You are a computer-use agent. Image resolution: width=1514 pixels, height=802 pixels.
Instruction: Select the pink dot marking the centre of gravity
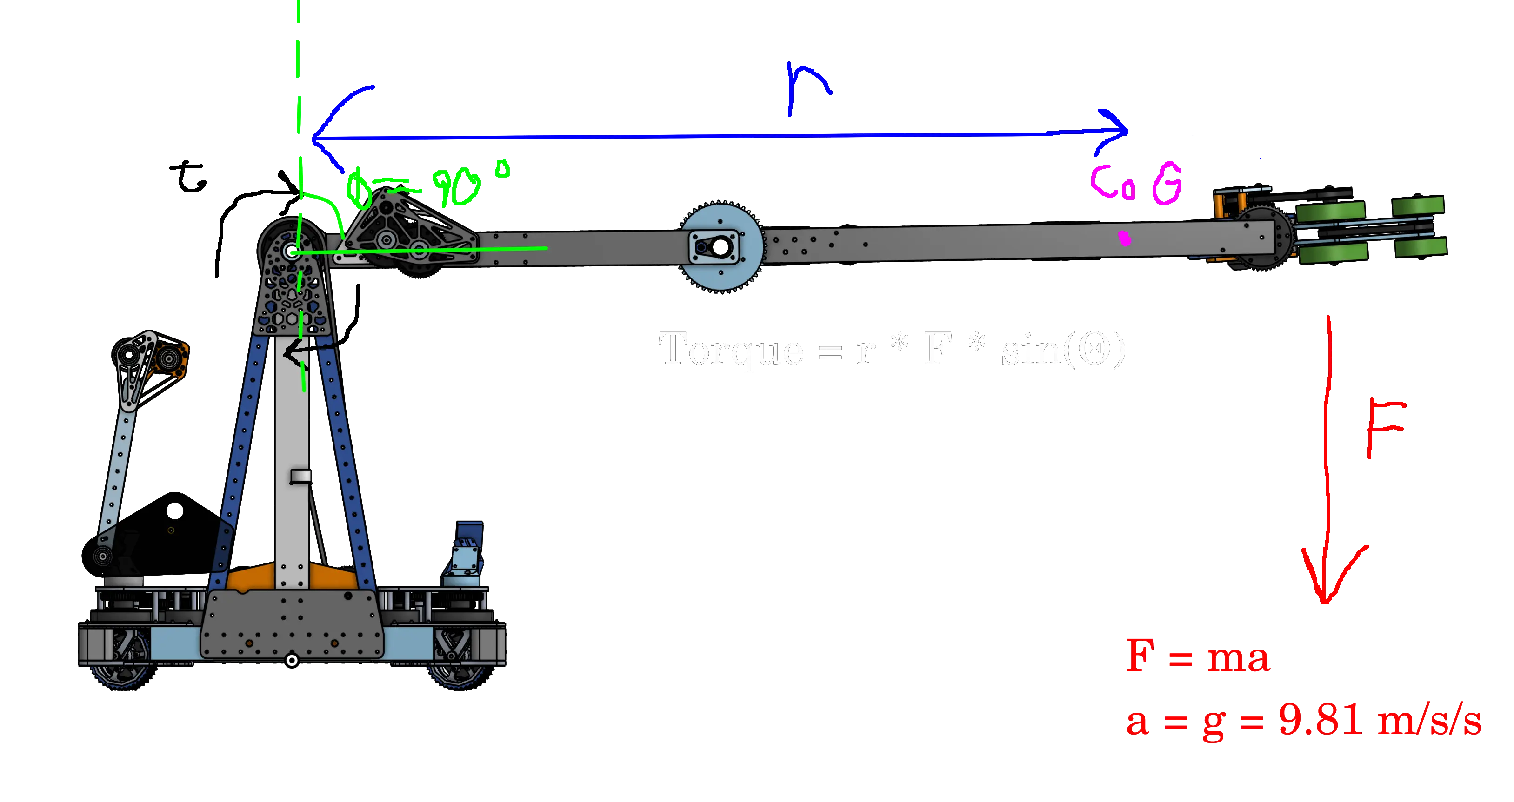[x=1124, y=238]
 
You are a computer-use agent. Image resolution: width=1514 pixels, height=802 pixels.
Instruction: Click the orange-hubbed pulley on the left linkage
[x=170, y=357]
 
